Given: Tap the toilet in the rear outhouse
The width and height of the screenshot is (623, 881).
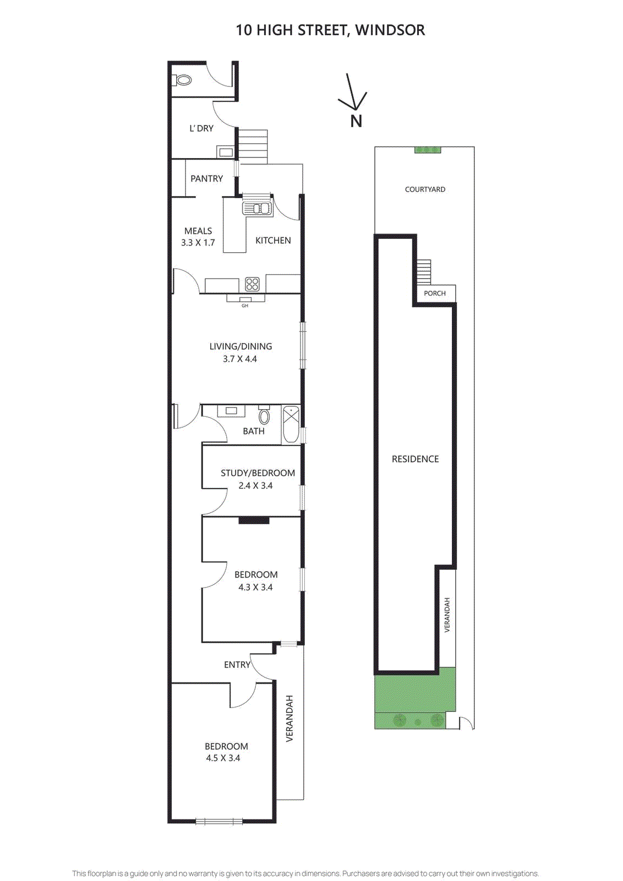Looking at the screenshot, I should pyautogui.click(x=183, y=80).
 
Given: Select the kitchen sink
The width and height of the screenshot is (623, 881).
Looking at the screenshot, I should pyautogui.click(x=257, y=208).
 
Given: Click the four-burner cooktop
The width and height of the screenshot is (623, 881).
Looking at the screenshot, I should pyautogui.click(x=252, y=284).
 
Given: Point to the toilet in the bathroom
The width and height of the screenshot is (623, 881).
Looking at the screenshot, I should pyautogui.click(x=264, y=416).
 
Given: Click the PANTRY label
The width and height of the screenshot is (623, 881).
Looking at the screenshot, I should pyautogui.click(x=206, y=178).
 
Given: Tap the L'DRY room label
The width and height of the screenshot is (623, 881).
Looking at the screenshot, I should pyautogui.click(x=201, y=128).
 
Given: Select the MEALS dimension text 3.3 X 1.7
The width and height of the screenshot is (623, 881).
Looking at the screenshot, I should pyautogui.click(x=198, y=243).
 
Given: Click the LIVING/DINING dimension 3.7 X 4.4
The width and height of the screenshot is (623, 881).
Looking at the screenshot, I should pyautogui.click(x=240, y=359).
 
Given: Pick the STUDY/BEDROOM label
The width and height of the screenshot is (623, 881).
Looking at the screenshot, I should pyautogui.click(x=258, y=473).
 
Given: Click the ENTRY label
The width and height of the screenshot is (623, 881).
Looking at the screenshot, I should pyautogui.click(x=237, y=665).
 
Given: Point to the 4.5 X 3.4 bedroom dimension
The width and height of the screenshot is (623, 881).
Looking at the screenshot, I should pyautogui.click(x=223, y=758).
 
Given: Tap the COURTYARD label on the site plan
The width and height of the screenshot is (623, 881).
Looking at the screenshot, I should pyautogui.click(x=425, y=189).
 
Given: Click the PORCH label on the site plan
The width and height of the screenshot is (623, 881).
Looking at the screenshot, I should pyautogui.click(x=435, y=293).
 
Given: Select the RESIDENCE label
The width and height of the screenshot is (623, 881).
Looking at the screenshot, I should pyautogui.click(x=415, y=459).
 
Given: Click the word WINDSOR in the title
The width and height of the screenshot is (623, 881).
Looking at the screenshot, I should pyautogui.click(x=390, y=30).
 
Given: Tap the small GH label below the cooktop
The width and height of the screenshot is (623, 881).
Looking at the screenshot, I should pyautogui.click(x=245, y=306).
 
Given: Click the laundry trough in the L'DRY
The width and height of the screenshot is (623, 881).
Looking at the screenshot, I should pyautogui.click(x=226, y=151).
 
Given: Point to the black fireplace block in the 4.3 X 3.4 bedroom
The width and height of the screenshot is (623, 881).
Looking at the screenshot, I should pyautogui.click(x=254, y=520).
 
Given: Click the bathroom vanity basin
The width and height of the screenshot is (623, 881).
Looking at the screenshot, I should pyautogui.click(x=231, y=411).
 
